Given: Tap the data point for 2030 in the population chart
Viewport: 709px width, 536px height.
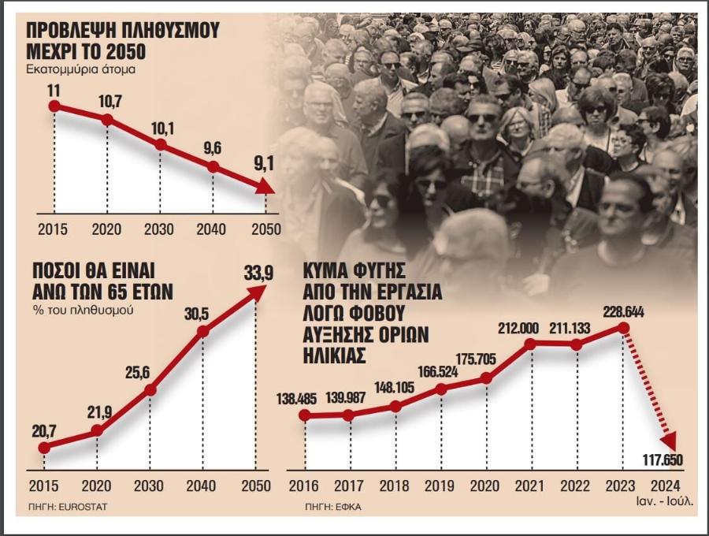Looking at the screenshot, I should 160,145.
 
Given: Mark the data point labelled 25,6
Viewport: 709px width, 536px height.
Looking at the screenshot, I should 150,389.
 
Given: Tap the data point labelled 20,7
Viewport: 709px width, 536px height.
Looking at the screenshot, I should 44,448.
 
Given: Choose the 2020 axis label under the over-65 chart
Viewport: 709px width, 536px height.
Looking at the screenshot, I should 97,486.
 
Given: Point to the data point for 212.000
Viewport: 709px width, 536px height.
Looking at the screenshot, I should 531,343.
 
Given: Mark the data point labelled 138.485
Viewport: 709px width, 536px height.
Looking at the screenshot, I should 305,415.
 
